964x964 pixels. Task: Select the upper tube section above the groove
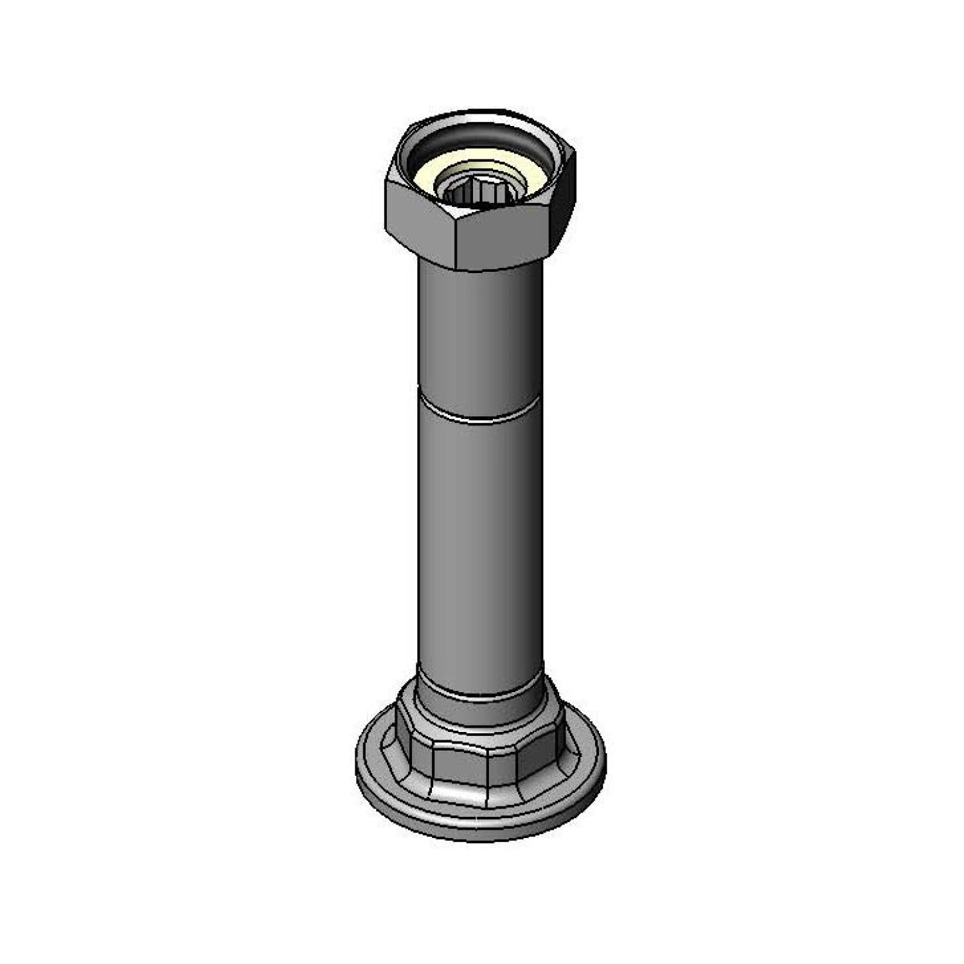[479, 334]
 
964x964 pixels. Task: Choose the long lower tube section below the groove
[479, 546]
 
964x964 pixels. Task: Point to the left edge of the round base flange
[357, 765]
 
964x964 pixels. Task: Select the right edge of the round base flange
[604, 765]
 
